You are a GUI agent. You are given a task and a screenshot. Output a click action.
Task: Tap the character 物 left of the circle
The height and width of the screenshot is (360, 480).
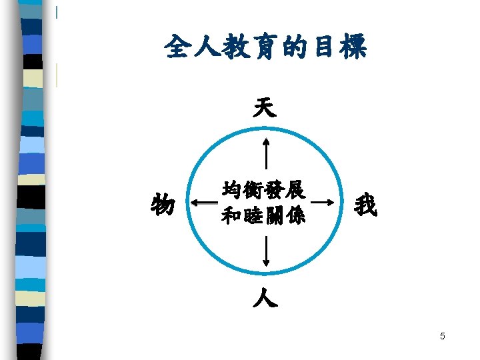point(163,204)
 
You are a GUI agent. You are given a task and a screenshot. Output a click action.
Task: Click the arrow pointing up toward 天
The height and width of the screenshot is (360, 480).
point(266,153)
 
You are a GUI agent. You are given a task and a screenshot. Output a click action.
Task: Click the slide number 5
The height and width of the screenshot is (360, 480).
point(442,336)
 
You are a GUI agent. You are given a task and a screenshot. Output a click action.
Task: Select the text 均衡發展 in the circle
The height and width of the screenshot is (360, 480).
point(264,191)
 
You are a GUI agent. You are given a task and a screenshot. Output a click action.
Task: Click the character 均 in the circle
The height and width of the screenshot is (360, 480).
point(233,191)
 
